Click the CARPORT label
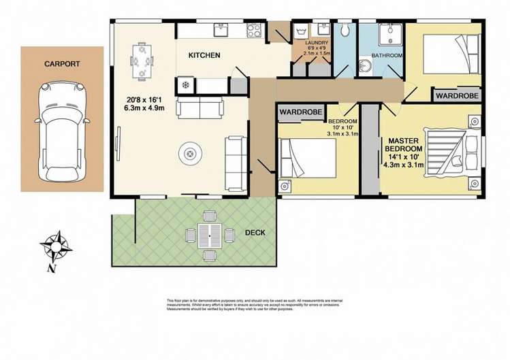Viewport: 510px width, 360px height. [62, 64]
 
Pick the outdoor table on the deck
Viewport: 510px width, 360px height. [210, 235]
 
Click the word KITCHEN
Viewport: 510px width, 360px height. [204, 55]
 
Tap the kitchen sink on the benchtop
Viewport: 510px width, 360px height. [222, 30]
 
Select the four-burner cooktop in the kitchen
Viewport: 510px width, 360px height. [253, 30]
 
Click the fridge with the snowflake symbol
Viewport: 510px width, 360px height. [186, 85]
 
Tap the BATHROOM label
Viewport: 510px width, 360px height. [387, 55]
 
